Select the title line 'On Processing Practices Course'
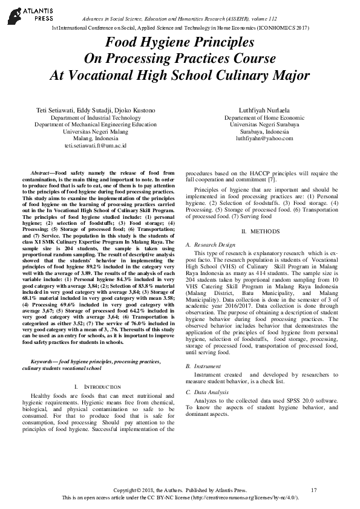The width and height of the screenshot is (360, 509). [179, 59]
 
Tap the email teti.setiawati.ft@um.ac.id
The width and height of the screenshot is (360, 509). [96, 146]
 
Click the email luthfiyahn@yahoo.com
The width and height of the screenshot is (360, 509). [264, 138]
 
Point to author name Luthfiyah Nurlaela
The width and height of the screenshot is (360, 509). [264, 111]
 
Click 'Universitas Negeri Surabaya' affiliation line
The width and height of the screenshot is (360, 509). [264, 125]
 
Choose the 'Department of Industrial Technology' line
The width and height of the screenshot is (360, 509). [96, 118]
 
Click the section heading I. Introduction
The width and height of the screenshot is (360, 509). [96, 386]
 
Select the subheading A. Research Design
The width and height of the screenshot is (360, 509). [210, 245]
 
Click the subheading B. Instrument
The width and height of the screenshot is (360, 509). [203, 366]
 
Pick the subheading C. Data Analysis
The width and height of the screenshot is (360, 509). [208, 392]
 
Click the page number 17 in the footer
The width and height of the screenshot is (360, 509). [313, 490]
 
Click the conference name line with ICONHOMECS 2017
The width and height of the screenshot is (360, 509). [180, 28]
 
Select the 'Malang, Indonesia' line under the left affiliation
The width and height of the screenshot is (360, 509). [96, 138]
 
